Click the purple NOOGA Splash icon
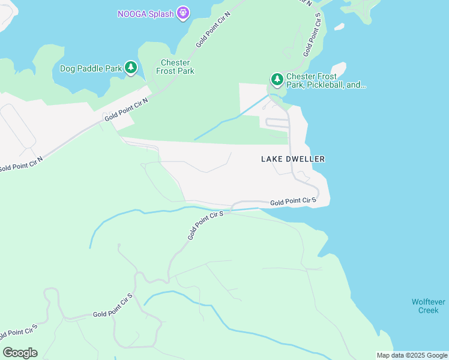pyautogui.click(x=184, y=13)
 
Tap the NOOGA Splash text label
pyautogui.click(x=146, y=13)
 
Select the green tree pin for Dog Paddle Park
pyautogui.click(x=131, y=68)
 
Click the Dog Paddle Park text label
pyautogui.click(x=91, y=68)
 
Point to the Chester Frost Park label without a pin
pyautogui.click(x=175, y=67)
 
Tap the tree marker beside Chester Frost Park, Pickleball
pyautogui.click(x=277, y=79)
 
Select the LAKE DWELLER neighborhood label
pyautogui.click(x=293, y=159)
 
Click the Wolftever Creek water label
pyautogui.click(x=429, y=306)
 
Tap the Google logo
pyautogui.click(x=20, y=352)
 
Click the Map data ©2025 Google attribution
pyautogui.click(x=412, y=355)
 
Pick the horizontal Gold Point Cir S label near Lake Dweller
pyautogui.click(x=293, y=202)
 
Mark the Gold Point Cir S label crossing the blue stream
pyautogui.click(x=205, y=225)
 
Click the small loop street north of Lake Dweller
pyautogui.click(x=277, y=123)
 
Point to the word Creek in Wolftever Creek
pyautogui.click(x=429, y=310)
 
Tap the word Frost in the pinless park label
pyautogui.click(x=166, y=71)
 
